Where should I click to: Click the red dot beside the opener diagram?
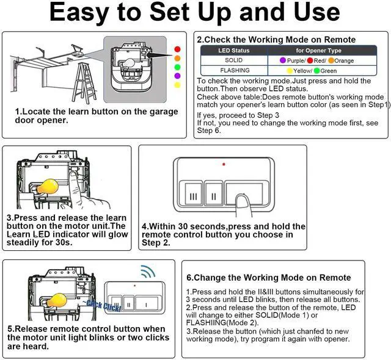(177, 49)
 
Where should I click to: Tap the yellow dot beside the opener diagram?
(177, 85)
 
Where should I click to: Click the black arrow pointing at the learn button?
(159, 55)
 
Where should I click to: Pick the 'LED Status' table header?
(233, 51)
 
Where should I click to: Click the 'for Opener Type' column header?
(318, 51)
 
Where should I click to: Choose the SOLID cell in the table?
(233, 60)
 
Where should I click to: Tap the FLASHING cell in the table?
(235, 70)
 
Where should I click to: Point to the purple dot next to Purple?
(283, 60)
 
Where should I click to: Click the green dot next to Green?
(317, 71)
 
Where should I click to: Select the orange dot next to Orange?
(331, 60)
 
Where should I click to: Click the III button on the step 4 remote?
(194, 194)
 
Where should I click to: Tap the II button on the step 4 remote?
(214, 194)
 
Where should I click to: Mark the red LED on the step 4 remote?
(224, 164)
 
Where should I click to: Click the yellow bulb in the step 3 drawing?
(48, 187)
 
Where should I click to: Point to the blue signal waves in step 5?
(148, 272)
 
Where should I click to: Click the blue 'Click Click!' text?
(102, 306)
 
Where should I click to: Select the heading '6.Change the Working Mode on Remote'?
(269, 278)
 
